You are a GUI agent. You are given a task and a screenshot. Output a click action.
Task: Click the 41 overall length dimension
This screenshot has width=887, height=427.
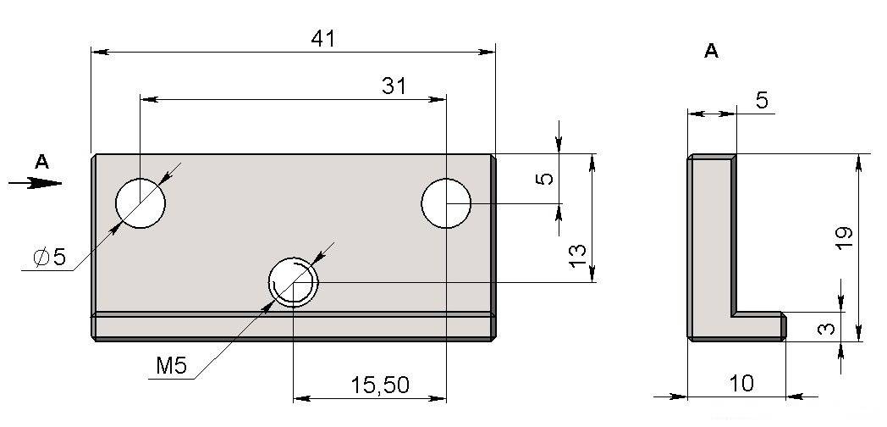click(x=323, y=38)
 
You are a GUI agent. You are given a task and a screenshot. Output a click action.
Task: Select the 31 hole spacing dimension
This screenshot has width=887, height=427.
click(x=394, y=86)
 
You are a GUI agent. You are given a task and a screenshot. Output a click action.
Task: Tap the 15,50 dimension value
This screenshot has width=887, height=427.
click(x=379, y=385)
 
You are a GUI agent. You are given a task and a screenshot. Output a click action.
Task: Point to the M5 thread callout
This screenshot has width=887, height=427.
click(x=172, y=366)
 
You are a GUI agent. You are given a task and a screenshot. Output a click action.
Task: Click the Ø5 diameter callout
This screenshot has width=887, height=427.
click(x=50, y=258)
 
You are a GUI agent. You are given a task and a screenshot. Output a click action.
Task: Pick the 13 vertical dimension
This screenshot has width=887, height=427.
click(x=577, y=256)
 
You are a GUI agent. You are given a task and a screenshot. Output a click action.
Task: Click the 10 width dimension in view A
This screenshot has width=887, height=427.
click(x=741, y=384)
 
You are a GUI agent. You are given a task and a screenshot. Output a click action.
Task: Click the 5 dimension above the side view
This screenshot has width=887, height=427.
click(x=762, y=100)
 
